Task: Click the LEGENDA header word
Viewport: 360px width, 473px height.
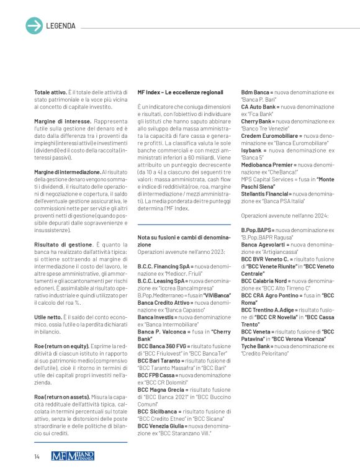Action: tap(61, 26)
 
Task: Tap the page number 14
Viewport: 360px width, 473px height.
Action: tap(37, 457)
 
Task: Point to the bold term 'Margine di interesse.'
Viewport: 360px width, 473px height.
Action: tap(61, 120)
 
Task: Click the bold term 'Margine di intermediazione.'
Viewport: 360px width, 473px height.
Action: tap(68, 171)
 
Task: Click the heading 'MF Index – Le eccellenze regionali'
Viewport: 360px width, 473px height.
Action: tap(180, 92)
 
